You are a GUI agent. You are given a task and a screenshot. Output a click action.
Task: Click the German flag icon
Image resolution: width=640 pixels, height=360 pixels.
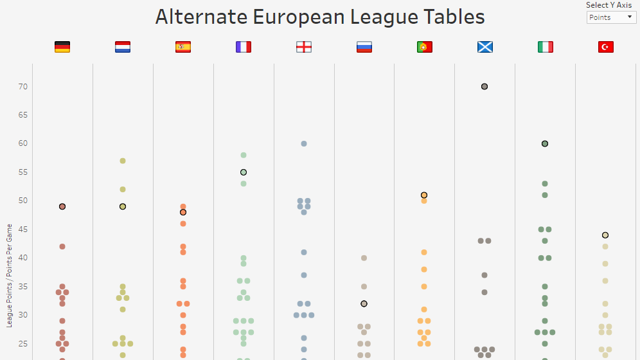click(x=62, y=47)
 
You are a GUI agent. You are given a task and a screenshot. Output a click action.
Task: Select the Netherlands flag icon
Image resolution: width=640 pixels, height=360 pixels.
click(x=123, y=47)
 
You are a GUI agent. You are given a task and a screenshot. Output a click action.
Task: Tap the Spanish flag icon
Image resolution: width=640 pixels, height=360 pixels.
click(x=183, y=47)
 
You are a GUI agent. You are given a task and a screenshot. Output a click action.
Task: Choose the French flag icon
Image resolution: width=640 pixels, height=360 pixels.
click(x=244, y=47)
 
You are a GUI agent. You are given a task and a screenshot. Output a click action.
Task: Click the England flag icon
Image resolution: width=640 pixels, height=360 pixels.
click(x=304, y=47)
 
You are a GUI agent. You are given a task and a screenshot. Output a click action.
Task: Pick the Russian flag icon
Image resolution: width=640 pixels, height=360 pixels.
click(x=364, y=47)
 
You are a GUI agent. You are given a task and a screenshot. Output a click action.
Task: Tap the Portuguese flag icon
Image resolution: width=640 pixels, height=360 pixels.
click(x=425, y=47)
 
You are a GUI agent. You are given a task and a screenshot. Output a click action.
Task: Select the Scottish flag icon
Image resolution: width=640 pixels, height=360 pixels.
click(x=485, y=47)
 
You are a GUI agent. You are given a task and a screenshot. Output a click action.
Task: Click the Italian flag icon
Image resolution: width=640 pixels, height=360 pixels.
click(x=546, y=47)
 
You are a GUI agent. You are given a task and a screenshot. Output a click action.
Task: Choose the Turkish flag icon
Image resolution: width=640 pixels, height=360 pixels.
click(x=606, y=47)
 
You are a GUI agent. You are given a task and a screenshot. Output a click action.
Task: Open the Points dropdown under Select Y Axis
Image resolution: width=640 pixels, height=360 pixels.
click(x=611, y=17)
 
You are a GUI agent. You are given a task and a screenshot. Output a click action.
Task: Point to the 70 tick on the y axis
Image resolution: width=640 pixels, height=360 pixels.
click(x=22, y=87)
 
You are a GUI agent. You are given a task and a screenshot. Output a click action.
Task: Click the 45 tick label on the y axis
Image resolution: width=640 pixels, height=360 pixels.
click(x=22, y=230)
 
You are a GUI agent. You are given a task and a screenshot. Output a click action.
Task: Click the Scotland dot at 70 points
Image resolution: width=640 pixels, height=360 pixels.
click(x=484, y=87)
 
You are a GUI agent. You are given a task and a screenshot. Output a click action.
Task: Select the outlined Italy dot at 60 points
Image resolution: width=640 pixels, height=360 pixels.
click(x=545, y=144)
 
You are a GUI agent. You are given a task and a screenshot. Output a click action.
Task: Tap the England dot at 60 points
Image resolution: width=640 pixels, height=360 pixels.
click(x=304, y=144)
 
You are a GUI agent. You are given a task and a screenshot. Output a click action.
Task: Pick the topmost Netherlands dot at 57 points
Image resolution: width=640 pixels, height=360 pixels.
click(x=123, y=161)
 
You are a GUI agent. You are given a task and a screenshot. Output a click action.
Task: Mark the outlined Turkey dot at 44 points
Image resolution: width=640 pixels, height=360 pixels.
click(x=605, y=235)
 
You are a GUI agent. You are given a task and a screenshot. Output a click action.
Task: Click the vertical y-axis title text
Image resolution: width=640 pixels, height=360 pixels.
click(x=9, y=276)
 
